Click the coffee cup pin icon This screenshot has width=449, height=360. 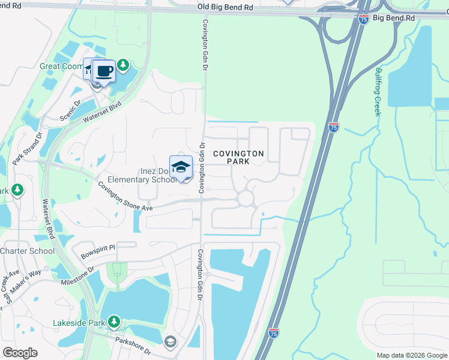(104, 71)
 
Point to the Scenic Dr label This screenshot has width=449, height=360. (71, 107)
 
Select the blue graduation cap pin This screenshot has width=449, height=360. (181, 167)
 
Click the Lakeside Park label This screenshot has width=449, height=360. (80, 323)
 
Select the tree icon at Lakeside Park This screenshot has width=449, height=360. (113, 322)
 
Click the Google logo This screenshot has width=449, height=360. (20, 353)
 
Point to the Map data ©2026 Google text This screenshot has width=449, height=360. (411, 355)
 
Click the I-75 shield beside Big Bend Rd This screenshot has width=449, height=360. (363, 19)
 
